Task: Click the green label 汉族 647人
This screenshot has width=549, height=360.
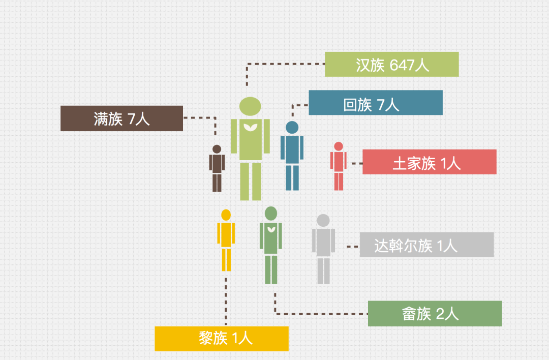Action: pyautogui.click(x=391, y=65)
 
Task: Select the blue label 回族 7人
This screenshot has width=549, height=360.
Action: pyautogui.click(x=376, y=103)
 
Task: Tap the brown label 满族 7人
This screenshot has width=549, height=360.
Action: pyautogui.click(x=121, y=118)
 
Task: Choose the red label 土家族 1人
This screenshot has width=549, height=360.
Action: pyautogui.click(x=429, y=162)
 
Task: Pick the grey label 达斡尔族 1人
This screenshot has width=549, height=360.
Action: pyautogui.click(x=426, y=245)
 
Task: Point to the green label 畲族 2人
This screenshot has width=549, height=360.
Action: pyautogui.click(x=435, y=314)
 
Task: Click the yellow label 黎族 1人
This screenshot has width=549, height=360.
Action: pyautogui.click(x=222, y=339)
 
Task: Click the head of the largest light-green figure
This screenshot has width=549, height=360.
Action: pyautogui.click(x=250, y=106)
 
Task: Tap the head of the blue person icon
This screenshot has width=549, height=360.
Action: pyautogui.click(x=292, y=127)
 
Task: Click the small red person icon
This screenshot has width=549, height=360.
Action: pyautogui.click(x=339, y=166)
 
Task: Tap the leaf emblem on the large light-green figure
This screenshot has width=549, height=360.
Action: pyautogui.click(x=250, y=127)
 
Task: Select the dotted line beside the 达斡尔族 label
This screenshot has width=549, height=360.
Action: pyautogui.click(x=353, y=246)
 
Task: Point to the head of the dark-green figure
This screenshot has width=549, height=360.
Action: pyautogui.click(x=271, y=213)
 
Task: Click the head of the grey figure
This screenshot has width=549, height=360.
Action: pyautogui.click(x=323, y=220)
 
